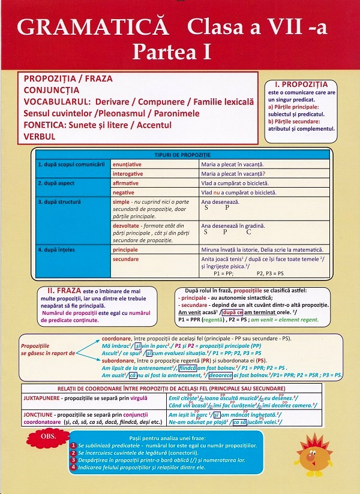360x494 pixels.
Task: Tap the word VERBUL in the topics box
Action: point(40,136)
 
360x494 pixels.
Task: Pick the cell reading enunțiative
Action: point(127,164)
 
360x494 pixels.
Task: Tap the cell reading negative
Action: point(124,192)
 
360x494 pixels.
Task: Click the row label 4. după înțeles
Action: point(60,249)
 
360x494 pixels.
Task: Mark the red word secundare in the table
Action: point(125,259)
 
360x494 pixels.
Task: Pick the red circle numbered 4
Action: point(73,467)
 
